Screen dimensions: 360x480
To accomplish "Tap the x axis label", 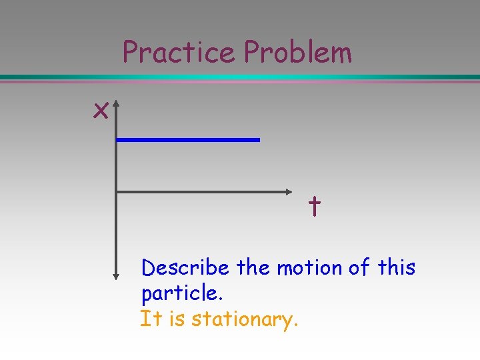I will pyautogui.click(x=101, y=111).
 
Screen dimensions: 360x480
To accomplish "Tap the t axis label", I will pyautogui.click(x=314, y=208).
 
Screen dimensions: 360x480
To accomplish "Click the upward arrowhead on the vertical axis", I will pyautogui.click(x=116, y=105).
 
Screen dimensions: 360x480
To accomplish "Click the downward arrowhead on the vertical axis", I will pyautogui.click(x=116, y=274).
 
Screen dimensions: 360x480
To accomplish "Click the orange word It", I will pyautogui.click(x=151, y=319).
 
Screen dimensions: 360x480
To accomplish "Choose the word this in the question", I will pyautogui.click(x=396, y=268).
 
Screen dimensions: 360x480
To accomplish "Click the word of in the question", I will pyautogui.click(x=359, y=268).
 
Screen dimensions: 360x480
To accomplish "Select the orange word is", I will pyautogui.click(x=177, y=319).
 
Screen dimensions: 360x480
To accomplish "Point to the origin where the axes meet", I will pyautogui.click(x=117, y=192).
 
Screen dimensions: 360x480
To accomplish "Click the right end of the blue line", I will pyautogui.click(x=258, y=139).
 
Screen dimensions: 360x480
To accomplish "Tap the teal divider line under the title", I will pyautogui.click(x=240, y=78).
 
